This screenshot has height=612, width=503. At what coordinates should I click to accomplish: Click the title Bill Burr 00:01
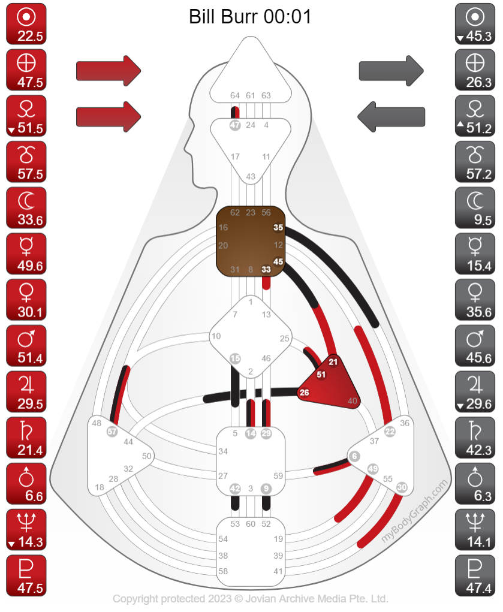coord(251,16)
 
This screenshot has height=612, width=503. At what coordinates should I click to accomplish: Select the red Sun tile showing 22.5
coord(26,24)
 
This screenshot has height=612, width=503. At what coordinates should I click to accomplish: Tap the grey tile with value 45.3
coord(475,24)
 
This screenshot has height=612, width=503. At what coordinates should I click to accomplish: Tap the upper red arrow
coord(108,71)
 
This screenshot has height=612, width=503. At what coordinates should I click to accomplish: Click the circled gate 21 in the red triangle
coord(333,361)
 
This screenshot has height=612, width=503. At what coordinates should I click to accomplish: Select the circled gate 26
coord(305,393)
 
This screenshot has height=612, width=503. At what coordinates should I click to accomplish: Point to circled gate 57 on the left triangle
coord(112,432)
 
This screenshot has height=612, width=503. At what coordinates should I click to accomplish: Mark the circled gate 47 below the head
coord(235,125)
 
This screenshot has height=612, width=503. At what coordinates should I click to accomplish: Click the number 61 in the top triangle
coord(251,95)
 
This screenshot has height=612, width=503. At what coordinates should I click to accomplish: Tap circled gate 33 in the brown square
coord(266,270)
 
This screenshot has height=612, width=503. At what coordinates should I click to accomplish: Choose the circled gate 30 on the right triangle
coord(402,487)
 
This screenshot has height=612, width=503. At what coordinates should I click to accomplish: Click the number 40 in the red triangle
coord(352,401)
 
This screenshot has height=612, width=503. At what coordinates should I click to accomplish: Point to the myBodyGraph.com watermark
coord(415,511)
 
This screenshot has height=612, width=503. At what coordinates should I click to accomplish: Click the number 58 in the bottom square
coord(223,571)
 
